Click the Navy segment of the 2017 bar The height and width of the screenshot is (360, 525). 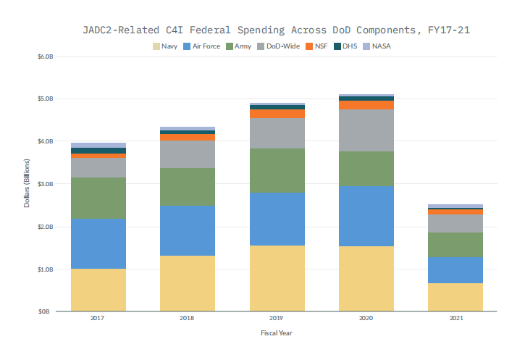pyautogui.click(x=98, y=290)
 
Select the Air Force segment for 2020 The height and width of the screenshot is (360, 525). pyautogui.click(x=366, y=216)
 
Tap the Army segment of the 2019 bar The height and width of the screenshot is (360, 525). pyautogui.click(x=277, y=170)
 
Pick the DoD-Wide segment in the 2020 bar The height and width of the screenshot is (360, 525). pyautogui.click(x=366, y=130)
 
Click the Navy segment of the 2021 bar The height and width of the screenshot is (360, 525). pyautogui.click(x=455, y=297)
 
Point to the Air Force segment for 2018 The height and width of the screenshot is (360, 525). pyautogui.click(x=188, y=230)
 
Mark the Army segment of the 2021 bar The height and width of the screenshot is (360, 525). pyautogui.click(x=455, y=245)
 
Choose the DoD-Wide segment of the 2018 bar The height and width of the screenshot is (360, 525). pyautogui.click(x=188, y=154)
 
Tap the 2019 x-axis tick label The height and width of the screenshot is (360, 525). pyautogui.click(x=277, y=319)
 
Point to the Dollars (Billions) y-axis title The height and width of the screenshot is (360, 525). pyautogui.click(x=27, y=184)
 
